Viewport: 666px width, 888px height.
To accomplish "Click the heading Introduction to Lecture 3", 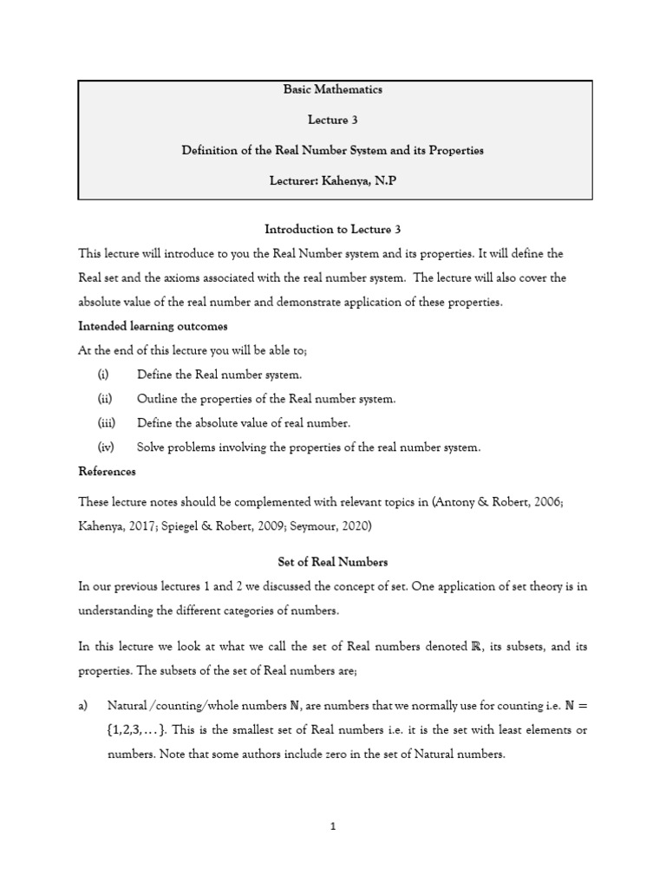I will click(332, 229).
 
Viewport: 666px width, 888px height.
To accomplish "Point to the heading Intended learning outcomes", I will click(153, 326).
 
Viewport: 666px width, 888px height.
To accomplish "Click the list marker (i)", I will click(104, 375).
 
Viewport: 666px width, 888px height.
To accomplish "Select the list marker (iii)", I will click(106, 423).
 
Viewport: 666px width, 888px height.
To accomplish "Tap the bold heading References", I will click(107, 472).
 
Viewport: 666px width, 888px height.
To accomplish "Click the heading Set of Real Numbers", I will click(332, 562).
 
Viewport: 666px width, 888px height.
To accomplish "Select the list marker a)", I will click(84, 706).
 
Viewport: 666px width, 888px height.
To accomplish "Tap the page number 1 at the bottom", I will click(333, 826).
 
